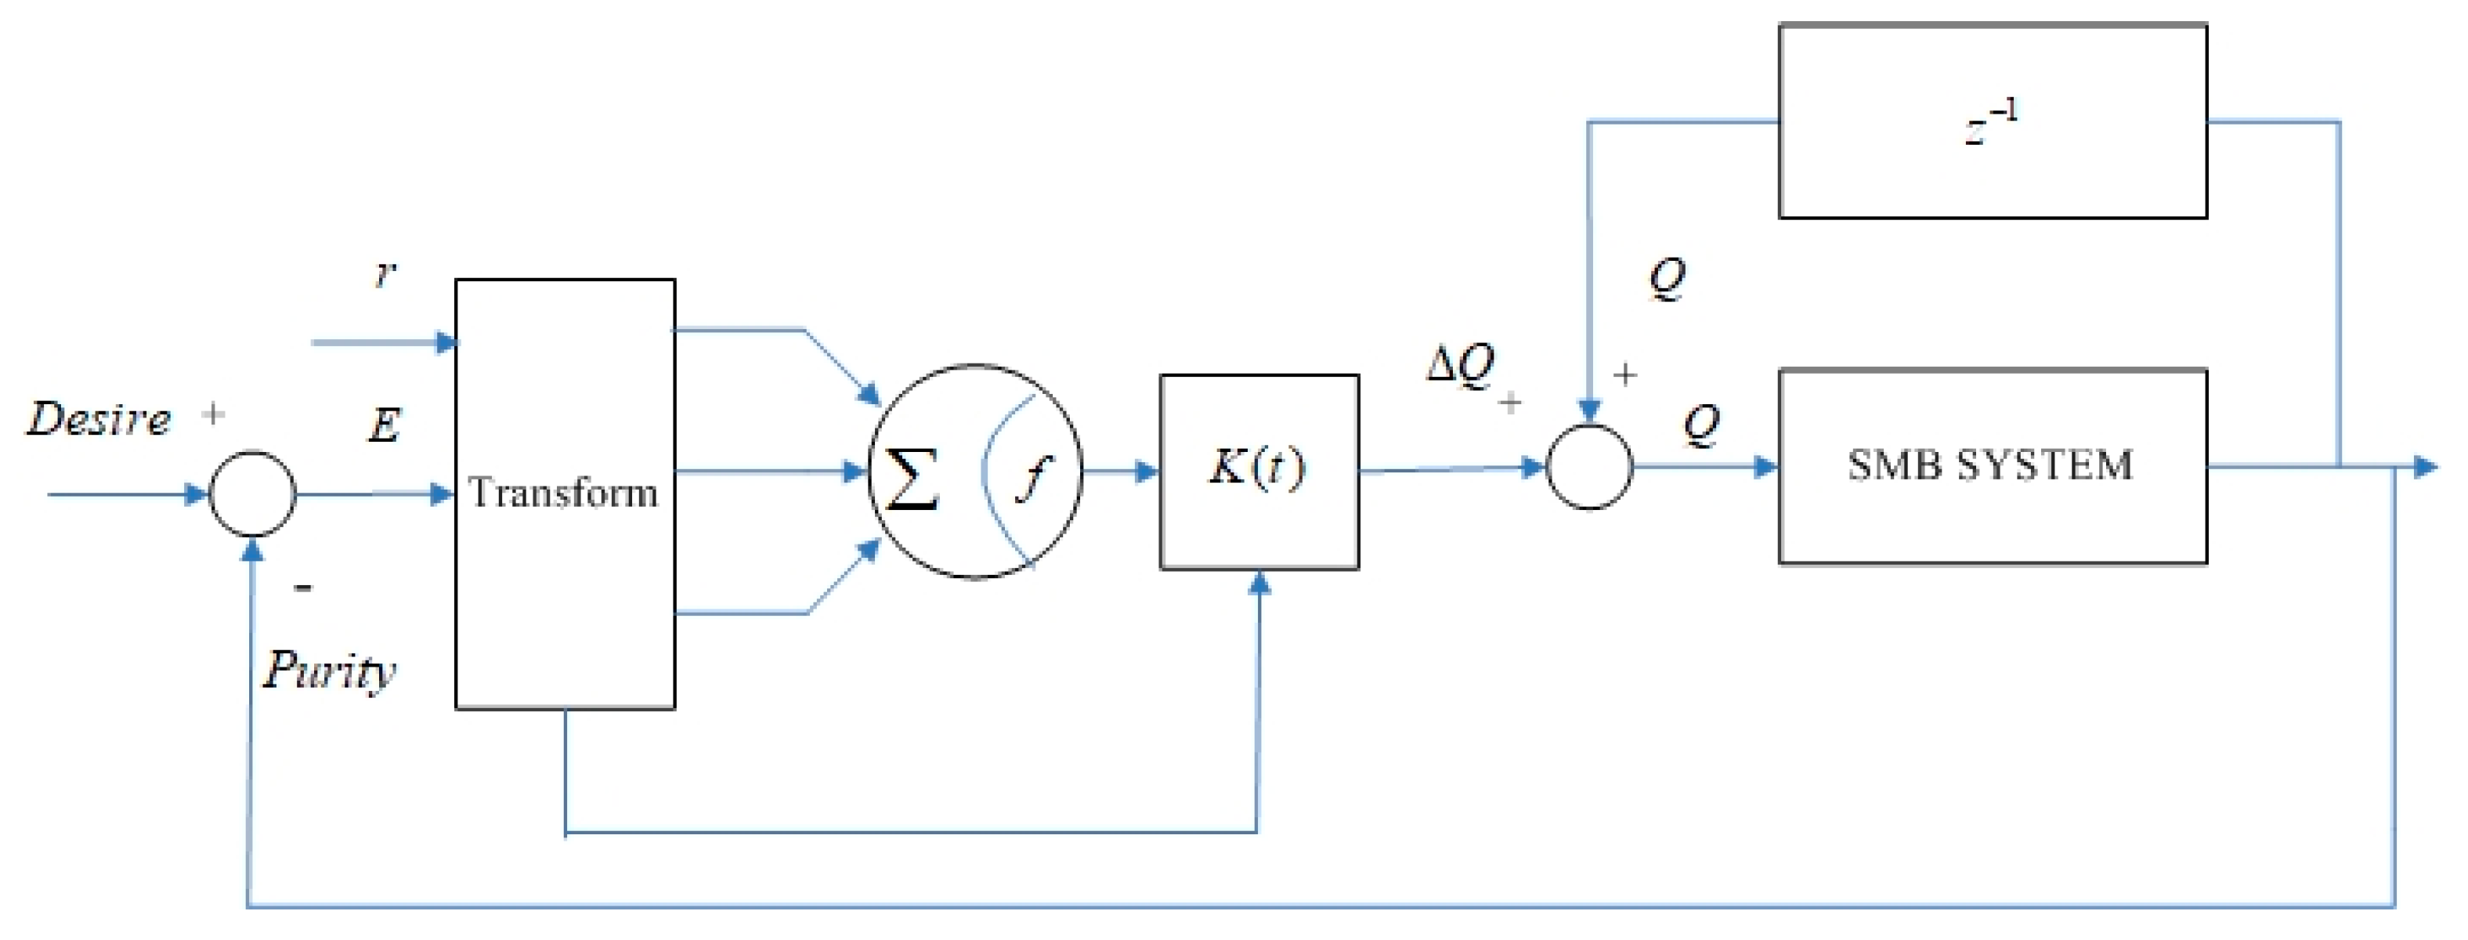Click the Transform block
[564, 493]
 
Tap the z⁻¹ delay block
[1992, 121]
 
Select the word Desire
[99, 419]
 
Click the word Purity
[329, 670]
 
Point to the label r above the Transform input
[385, 275]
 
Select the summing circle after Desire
[252, 494]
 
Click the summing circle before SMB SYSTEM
[1588, 468]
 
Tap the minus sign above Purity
[303, 587]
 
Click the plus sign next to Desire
[213, 414]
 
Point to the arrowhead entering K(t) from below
[1260, 582]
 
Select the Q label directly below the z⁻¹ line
[1666, 278]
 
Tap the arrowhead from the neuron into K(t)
[1146, 472]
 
